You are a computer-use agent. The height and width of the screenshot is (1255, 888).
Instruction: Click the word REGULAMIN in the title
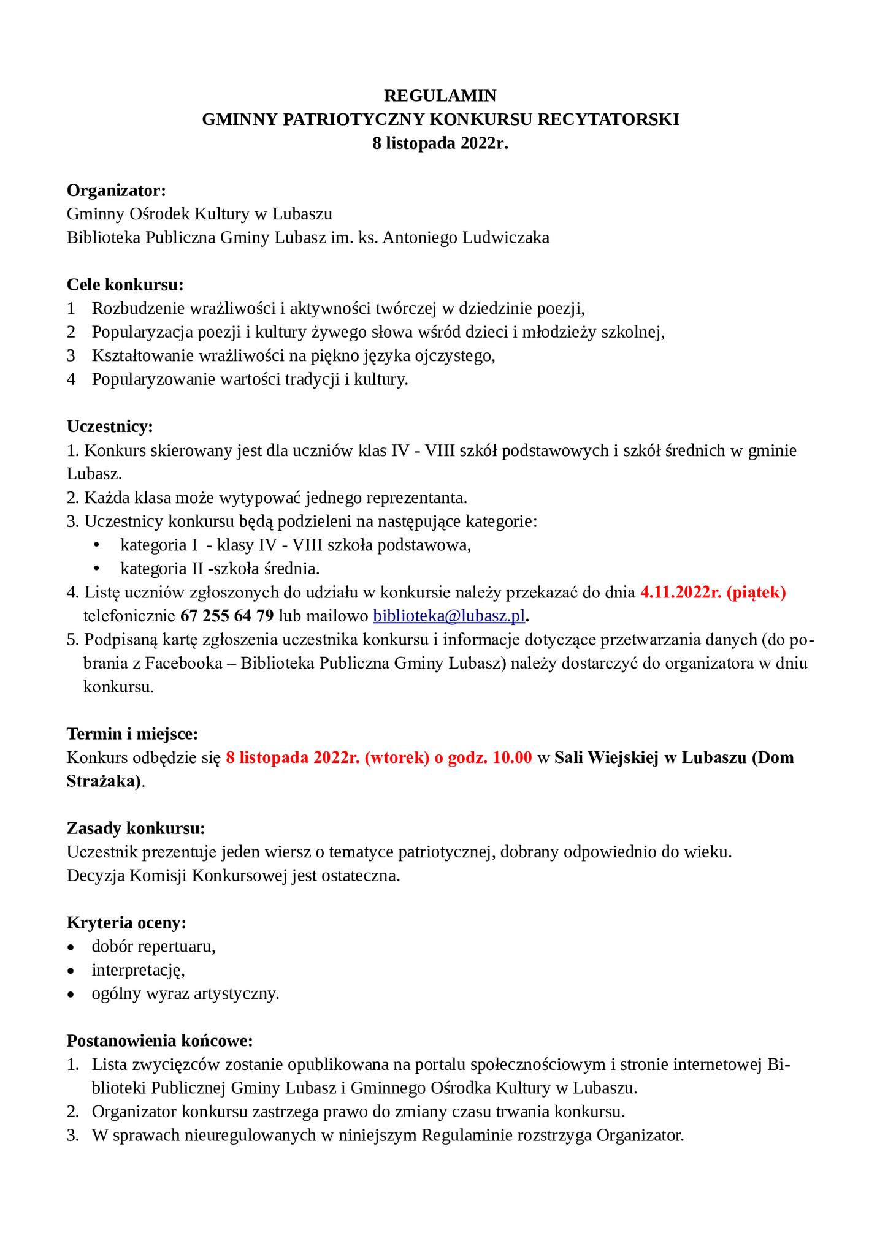(440, 96)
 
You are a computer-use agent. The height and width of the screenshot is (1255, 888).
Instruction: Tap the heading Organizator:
(117, 191)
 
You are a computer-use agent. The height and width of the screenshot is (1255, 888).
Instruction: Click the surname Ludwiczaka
(505, 238)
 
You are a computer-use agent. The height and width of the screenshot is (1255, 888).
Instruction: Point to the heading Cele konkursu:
(125, 285)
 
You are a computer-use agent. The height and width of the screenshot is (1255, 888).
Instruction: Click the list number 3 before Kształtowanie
(71, 356)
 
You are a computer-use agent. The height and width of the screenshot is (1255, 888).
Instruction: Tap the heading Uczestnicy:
(110, 427)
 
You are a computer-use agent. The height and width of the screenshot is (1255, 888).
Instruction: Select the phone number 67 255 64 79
(228, 616)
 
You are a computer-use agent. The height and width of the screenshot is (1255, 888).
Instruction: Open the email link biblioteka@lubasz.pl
(450, 616)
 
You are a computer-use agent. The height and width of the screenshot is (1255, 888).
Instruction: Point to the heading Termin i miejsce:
(132, 734)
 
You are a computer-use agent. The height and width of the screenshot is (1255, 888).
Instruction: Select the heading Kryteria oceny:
(126, 923)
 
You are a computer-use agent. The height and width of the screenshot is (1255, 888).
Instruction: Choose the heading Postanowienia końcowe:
(159, 1041)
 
